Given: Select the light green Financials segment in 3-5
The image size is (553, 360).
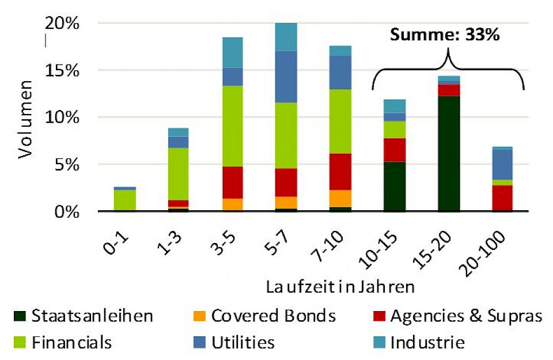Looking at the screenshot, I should [231, 126].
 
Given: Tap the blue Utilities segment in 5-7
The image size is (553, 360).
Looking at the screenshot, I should [286, 77].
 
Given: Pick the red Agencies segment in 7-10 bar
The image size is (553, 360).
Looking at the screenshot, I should [340, 172].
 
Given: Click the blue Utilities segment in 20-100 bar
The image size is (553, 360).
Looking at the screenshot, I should [503, 165].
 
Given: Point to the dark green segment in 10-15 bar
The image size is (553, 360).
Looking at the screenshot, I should [395, 187].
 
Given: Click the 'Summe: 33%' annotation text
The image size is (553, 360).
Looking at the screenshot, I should [444, 35].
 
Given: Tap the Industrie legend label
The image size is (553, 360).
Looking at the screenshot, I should [427, 343].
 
